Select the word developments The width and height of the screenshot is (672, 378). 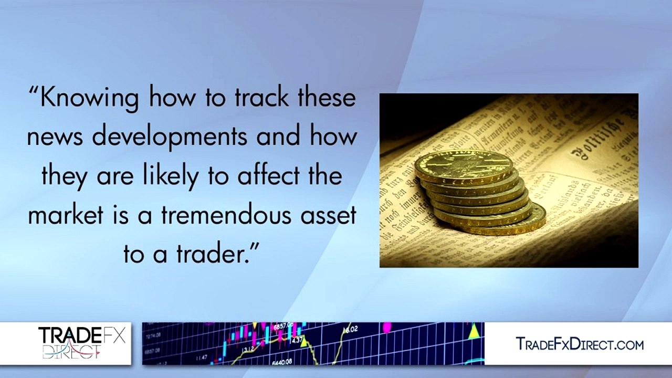[170, 137]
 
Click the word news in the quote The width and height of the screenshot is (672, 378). [55, 137]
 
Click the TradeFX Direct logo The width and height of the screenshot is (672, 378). [81, 343]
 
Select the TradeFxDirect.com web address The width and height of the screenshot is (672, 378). [580, 344]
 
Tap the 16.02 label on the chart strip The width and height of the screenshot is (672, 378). [351, 330]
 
